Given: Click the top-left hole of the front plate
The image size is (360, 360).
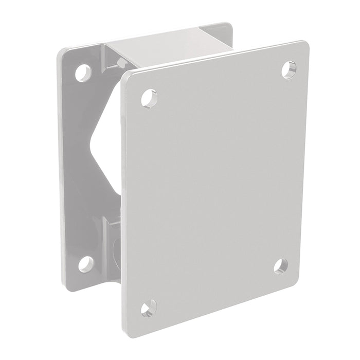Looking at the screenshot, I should (x=148, y=97).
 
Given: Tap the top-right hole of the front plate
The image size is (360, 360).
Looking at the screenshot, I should (x=289, y=69).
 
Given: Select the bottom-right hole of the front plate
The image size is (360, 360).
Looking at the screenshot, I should (x=280, y=265).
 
